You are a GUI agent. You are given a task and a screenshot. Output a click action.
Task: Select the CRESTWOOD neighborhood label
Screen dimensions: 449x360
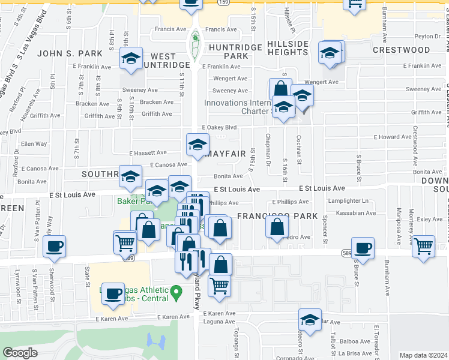pos(401,50)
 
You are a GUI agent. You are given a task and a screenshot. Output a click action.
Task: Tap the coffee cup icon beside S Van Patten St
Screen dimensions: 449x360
pos(55,247)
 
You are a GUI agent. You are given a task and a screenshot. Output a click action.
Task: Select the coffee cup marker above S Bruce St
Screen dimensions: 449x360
pos(363,248)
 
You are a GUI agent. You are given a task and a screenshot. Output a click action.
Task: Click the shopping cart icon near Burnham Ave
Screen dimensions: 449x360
pos(424,245)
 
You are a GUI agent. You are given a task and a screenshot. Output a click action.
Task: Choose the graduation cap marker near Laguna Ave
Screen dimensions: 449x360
pos(310,320)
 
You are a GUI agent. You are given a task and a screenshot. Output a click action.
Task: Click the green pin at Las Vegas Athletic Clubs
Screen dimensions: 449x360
pos(176,293)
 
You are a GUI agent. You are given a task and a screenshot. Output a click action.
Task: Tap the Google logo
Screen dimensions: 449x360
pos(20,353)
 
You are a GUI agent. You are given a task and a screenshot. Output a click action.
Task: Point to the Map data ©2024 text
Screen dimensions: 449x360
pos(423,355)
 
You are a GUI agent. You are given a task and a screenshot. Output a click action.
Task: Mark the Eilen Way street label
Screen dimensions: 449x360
pos(34,144)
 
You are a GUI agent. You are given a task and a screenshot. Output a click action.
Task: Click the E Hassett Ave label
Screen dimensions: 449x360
pos(147,154)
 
